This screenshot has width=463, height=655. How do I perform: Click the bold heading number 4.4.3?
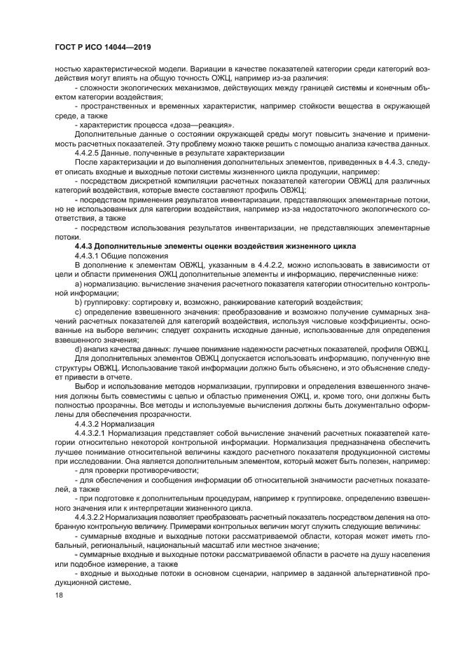tap(85, 246)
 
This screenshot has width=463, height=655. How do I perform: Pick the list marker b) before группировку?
tap(78, 302)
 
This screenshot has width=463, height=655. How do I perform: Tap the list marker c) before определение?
tap(78, 311)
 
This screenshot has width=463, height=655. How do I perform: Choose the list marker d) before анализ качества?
tap(78, 349)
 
